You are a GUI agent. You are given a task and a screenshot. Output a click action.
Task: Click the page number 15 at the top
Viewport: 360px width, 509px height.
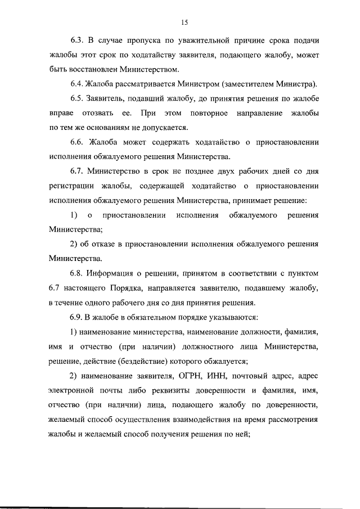pyautogui.click(x=184, y=22)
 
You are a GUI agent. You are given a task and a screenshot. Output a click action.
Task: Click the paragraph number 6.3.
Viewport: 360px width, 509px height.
pyautogui.click(x=78, y=40)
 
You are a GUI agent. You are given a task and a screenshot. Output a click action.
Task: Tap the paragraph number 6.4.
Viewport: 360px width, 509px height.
pyautogui.click(x=78, y=84)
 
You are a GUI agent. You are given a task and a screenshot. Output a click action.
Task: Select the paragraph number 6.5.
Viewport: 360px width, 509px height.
pyautogui.click(x=78, y=100)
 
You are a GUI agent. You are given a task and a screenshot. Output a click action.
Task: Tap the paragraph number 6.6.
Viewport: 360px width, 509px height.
pyautogui.click(x=78, y=143)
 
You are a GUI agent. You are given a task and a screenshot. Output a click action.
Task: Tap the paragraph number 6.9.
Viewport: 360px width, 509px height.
pyautogui.click(x=78, y=318)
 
